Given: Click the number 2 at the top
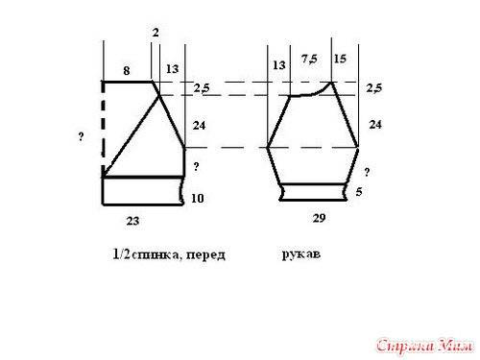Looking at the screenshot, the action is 156,33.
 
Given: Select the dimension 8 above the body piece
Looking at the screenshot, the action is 127,71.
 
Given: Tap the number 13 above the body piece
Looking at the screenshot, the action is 172,69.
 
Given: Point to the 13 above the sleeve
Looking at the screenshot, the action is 279,65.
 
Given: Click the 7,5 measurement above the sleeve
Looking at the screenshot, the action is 309,59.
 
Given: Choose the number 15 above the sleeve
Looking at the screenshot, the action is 340,59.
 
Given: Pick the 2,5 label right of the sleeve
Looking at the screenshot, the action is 374,87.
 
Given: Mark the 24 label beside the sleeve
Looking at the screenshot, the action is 375,124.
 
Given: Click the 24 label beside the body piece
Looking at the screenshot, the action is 199,126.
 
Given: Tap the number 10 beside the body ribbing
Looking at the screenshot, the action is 197,199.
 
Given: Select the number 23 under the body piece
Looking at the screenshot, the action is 132,221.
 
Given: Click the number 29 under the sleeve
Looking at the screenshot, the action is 319,218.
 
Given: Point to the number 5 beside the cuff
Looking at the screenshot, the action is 359,192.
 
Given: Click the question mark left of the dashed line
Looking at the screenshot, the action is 81,137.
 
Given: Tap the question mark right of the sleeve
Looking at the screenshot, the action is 367,172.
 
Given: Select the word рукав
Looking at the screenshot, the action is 301,254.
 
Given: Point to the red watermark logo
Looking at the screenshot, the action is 424,347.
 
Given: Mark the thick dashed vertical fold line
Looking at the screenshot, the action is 103,129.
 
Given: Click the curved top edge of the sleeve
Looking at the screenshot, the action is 310,91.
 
